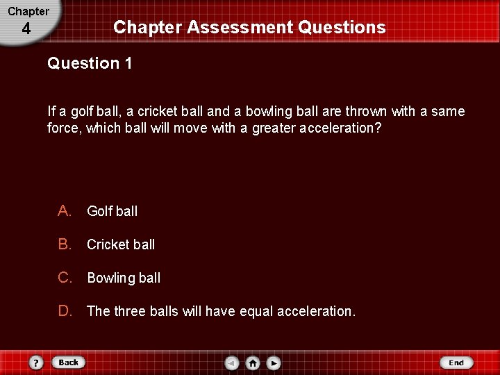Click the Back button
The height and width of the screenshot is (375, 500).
(68, 362)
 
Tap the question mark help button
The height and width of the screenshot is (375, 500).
(36, 362)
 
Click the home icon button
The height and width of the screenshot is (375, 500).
(253, 362)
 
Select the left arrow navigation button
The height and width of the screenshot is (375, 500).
(232, 362)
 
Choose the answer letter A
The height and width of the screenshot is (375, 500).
(65, 210)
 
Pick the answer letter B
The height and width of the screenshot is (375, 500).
(65, 244)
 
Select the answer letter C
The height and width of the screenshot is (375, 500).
(65, 277)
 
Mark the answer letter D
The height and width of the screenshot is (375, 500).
(65, 310)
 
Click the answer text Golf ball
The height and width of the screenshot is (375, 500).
(112, 211)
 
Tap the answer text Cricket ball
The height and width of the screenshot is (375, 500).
(121, 244)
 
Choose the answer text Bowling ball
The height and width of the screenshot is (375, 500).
(124, 278)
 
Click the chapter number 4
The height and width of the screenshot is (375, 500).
(26, 29)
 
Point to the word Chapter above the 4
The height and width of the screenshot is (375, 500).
(28, 11)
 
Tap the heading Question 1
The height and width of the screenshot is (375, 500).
(90, 63)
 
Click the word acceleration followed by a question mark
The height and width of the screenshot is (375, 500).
(337, 128)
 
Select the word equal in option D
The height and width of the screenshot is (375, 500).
(256, 311)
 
